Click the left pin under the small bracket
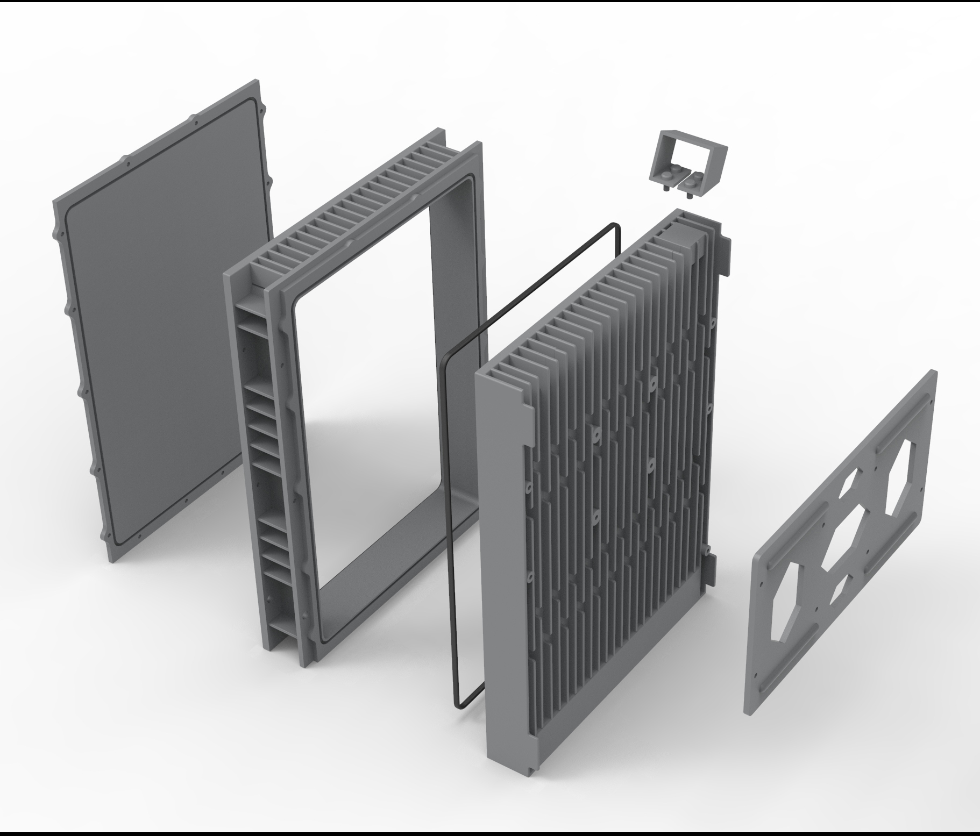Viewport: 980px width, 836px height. [x=666, y=188]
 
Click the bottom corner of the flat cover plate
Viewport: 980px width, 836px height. [x=111, y=559]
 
